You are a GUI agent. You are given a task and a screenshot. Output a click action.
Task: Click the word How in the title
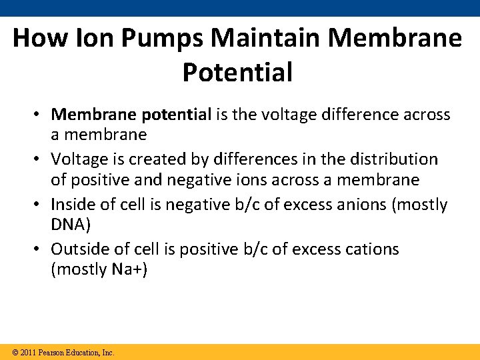coord(35,38)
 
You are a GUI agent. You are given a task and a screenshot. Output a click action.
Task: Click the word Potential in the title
coord(237,72)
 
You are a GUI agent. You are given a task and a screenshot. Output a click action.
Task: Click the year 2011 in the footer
coord(29,352)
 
